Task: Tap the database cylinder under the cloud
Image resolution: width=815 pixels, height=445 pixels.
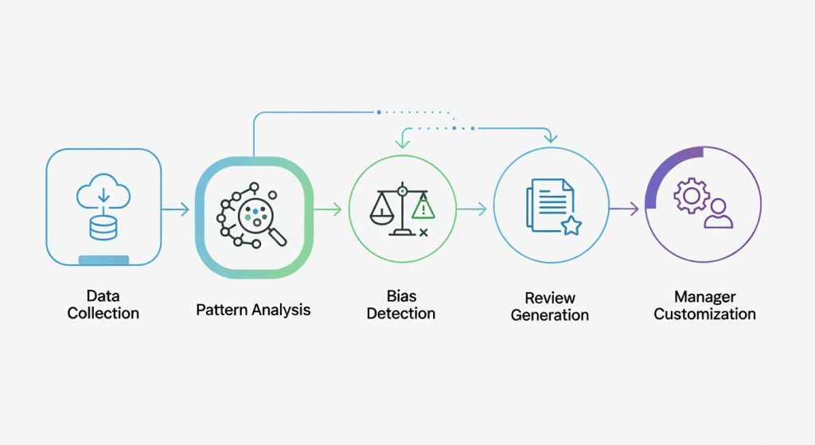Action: click(x=103, y=228)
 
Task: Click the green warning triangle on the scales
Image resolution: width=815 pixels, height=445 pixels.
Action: click(x=423, y=209)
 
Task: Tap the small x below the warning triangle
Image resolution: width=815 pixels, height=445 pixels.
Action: click(x=423, y=232)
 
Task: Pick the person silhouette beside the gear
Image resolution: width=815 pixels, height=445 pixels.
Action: click(x=719, y=213)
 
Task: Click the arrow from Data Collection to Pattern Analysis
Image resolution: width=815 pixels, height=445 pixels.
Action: click(x=175, y=210)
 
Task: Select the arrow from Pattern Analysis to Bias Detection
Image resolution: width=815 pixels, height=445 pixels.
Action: click(x=328, y=210)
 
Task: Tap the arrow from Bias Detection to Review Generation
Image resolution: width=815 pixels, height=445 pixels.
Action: click(x=473, y=210)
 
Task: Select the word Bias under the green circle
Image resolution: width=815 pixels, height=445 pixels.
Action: click(x=401, y=297)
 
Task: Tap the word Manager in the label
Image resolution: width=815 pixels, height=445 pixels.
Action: click(x=704, y=297)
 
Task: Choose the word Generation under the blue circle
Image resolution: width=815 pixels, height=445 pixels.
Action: click(x=550, y=315)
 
